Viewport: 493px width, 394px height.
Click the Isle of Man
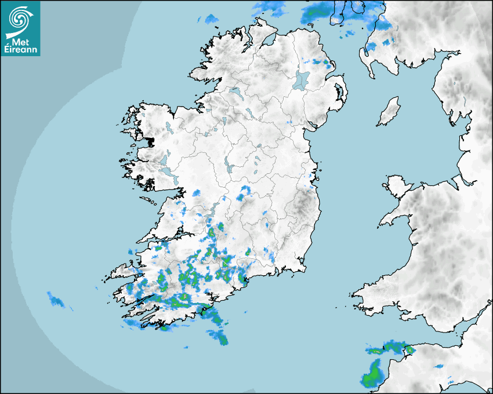(389, 111)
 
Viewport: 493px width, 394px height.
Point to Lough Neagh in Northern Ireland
(300, 79)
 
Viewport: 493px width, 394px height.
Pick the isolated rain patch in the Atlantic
(56, 300)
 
